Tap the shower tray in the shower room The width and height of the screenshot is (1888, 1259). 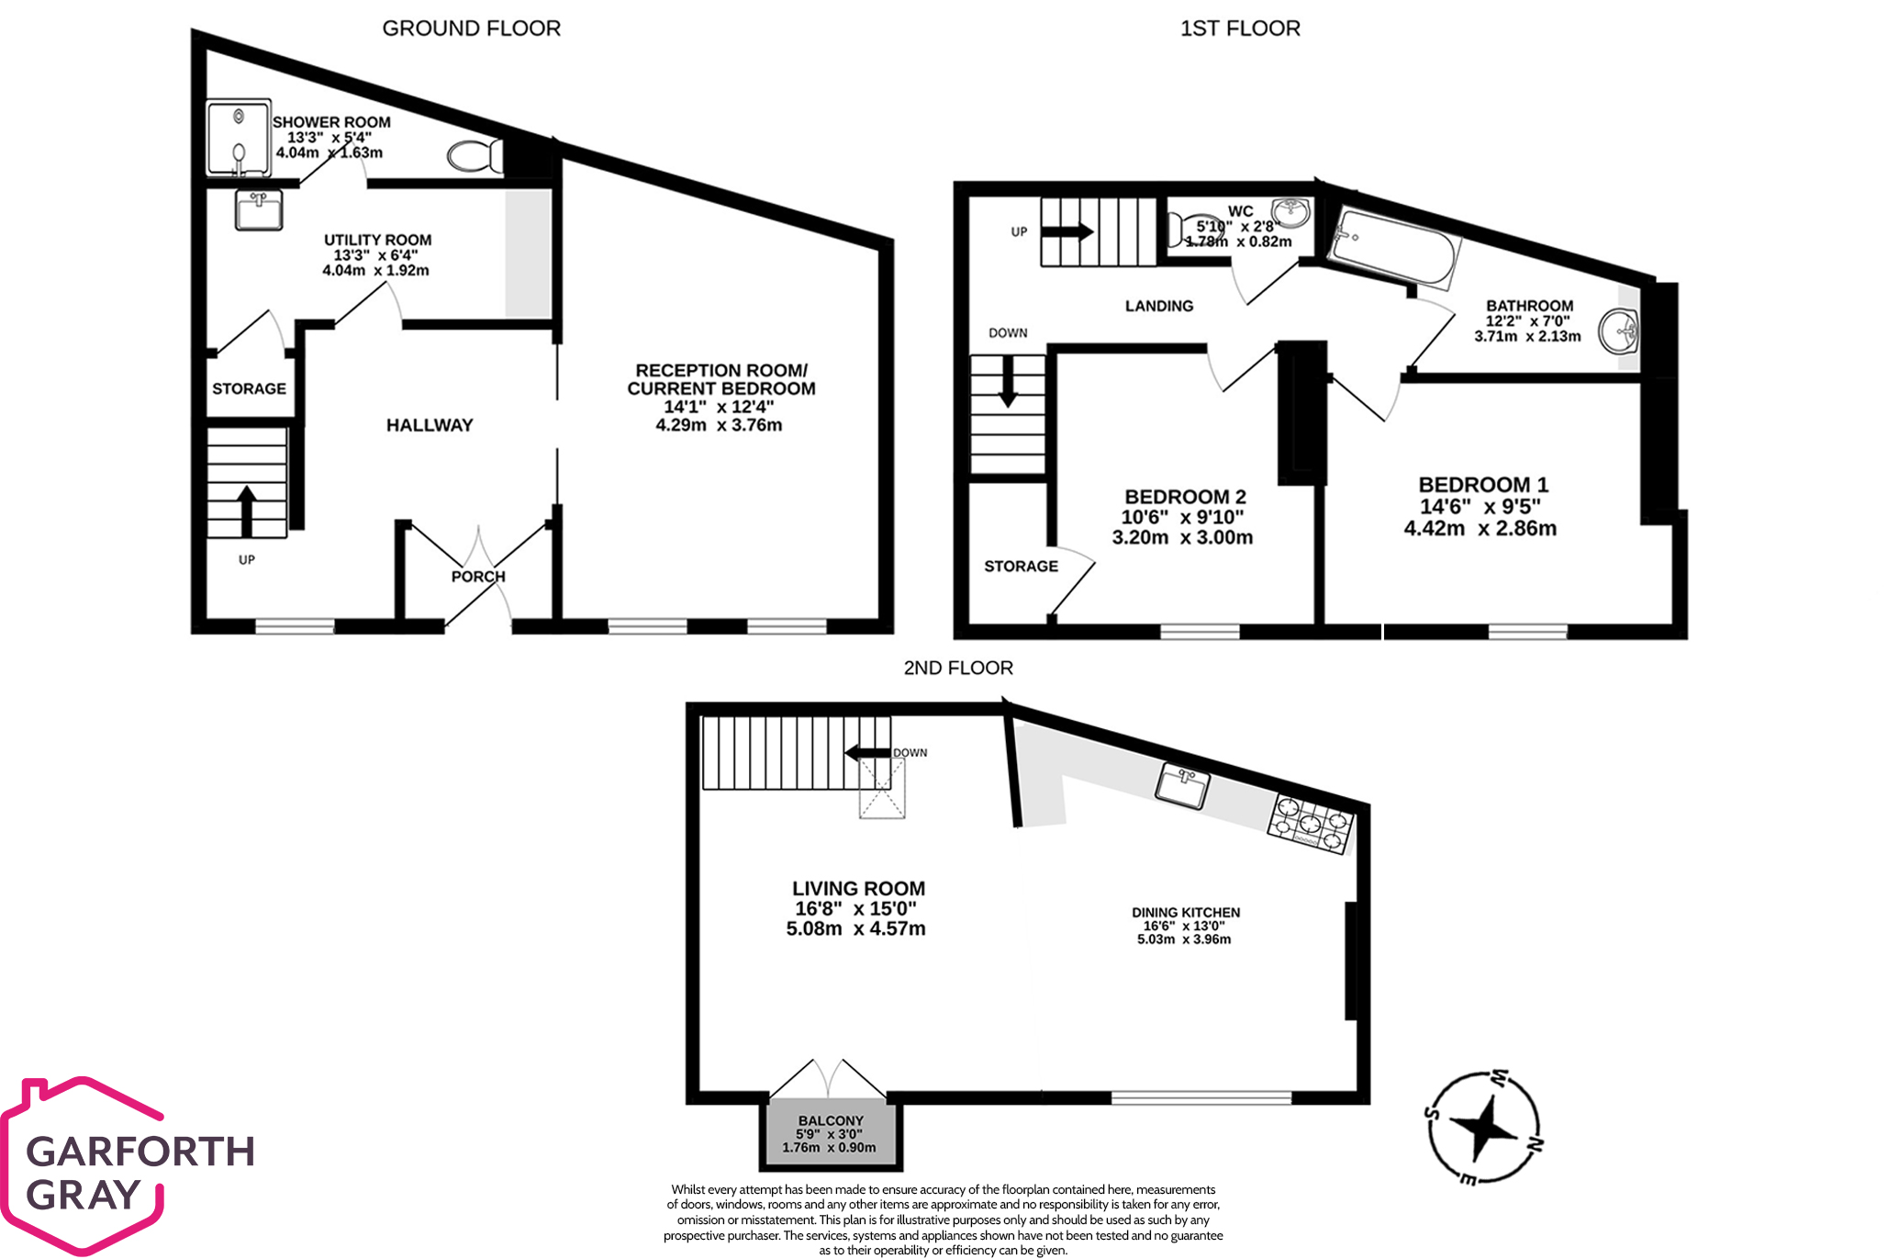(x=239, y=138)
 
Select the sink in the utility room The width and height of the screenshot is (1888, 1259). (x=259, y=210)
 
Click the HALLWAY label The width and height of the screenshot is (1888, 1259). (x=430, y=425)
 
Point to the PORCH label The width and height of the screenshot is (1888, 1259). (x=478, y=577)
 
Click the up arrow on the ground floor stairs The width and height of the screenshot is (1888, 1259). (x=246, y=511)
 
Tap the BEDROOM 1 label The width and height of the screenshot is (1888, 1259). (x=1482, y=485)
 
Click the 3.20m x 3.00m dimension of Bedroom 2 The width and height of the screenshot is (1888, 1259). (x=1182, y=538)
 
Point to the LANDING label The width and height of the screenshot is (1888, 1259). (x=1159, y=306)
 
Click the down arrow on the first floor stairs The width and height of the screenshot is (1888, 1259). (x=1008, y=382)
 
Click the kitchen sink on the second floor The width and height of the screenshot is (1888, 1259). (x=1182, y=785)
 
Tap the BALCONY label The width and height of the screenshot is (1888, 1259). (x=831, y=1120)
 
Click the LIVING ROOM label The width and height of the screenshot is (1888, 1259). (x=858, y=888)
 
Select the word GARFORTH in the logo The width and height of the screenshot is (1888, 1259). (x=140, y=1152)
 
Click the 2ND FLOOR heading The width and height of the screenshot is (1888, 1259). (x=958, y=668)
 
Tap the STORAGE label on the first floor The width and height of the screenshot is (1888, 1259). (x=1021, y=567)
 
